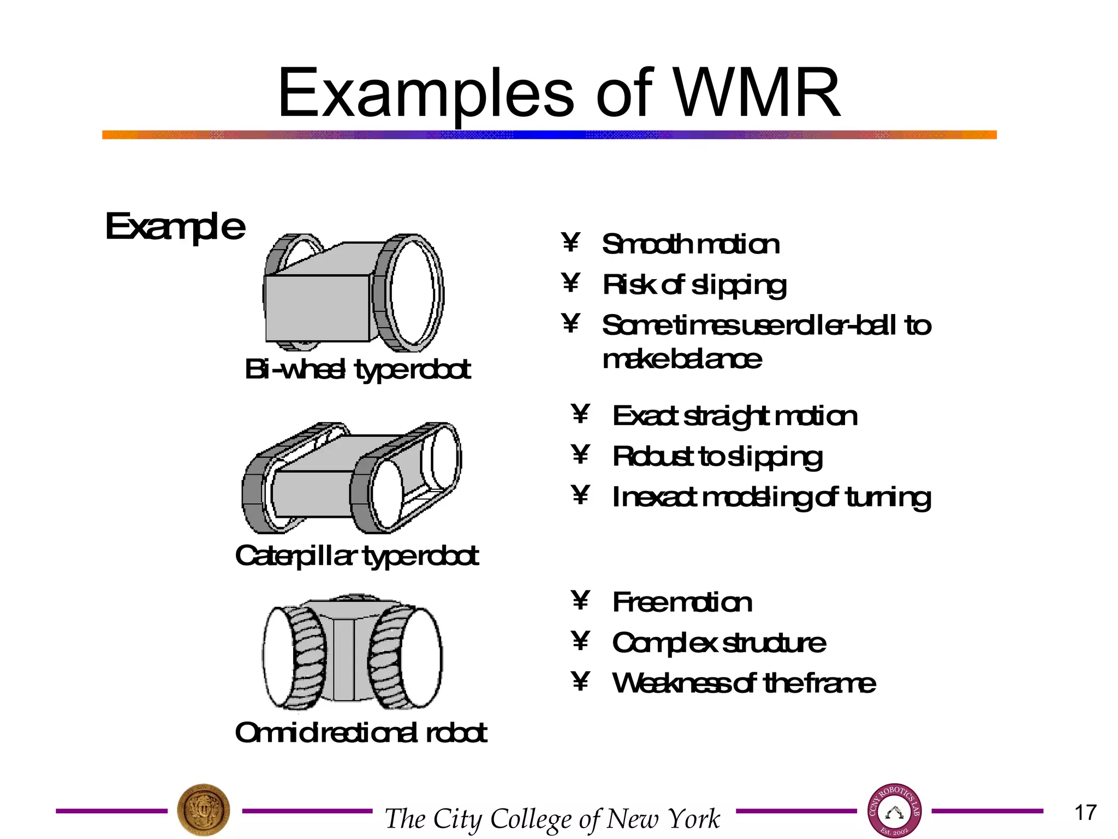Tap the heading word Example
pyautogui.click(x=175, y=227)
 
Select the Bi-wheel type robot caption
pyautogui.click(x=358, y=369)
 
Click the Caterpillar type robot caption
pyautogui.click(x=357, y=556)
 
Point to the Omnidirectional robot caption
pyautogui.click(x=361, y=733)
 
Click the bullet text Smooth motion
pyautogui.click(x=691, y=244)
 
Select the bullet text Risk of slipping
pyautogui.click(x=694, y=285)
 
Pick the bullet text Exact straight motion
pyautogui.click(x=735, y=416)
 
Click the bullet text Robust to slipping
pyautogui.click(x=717, y=457)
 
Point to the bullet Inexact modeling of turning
pyautogui.click(x=771, y=498)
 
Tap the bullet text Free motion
pyautogui.click(x=682, y=602)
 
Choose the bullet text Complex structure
pyautogui.click(x=719, y=643)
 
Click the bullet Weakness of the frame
pyautogui.click(x=744, y=683)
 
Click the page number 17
pyautogui.click(x=1085, y=813)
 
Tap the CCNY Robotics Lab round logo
pyautogui.click(x=894, y=811)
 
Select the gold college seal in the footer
pyautogui.click(x=204, y=811)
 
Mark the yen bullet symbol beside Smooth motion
pyautogui.click(x=570, y=243)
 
